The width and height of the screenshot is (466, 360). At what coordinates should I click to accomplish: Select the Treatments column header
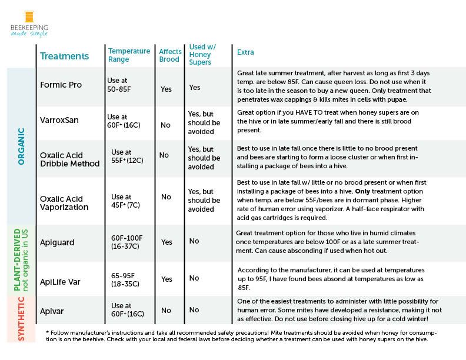point(64,56)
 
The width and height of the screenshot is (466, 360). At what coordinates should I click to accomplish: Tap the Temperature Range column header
point(129,55)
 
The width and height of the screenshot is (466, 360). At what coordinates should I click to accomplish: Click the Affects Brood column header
point(170,55)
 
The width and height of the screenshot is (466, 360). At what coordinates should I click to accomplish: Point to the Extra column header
point(245,52)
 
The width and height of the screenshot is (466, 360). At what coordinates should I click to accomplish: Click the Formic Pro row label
point(61,85)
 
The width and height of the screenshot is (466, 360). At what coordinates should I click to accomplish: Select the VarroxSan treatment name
point(59,120)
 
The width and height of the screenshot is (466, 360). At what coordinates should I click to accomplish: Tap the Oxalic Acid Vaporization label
point(64,202)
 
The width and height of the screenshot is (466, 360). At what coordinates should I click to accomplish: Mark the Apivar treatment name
point(52,310)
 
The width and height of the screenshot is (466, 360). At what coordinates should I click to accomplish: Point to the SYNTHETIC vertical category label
point(21,318)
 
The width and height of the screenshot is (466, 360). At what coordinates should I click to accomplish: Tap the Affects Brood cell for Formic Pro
point(167,89)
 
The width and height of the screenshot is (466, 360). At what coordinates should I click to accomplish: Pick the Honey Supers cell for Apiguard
point(194,241)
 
